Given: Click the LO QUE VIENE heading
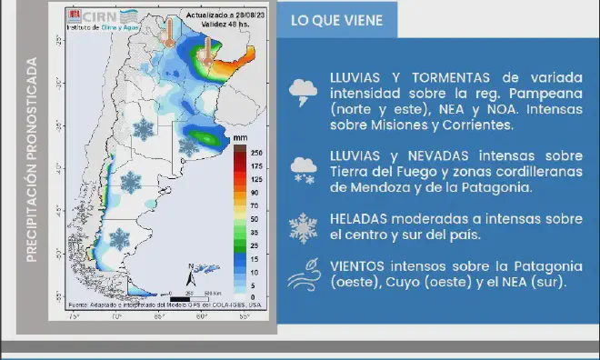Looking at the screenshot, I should click(x=336, y=20).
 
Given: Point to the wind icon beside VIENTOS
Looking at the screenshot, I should click(x=301, y=275).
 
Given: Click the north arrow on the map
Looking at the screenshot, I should click(x=192, y=271).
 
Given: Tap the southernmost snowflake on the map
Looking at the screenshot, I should click(x=119, y=238).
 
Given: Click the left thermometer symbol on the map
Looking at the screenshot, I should click(x=168, y=35).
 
